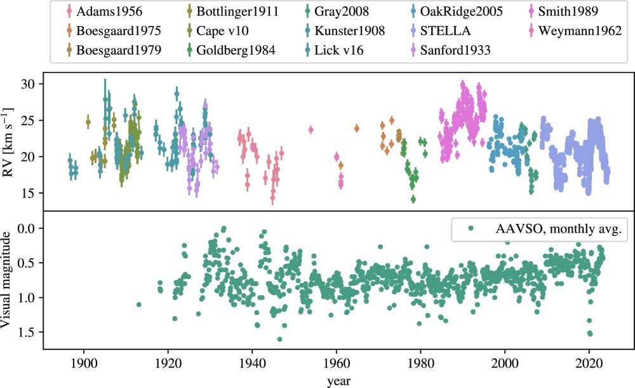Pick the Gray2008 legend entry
(x=347, y=11)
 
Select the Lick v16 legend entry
(x=339, y=50)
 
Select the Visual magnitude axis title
(x=11, y=280)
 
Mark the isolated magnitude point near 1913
(x=139, y=305)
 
